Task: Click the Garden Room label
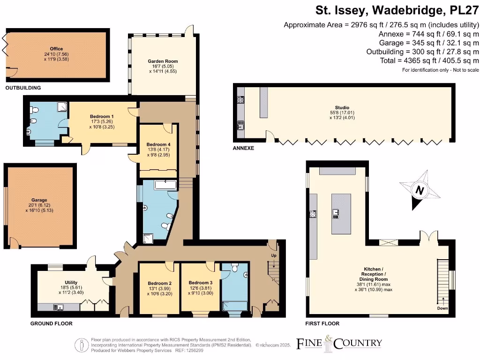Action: pos(163,61)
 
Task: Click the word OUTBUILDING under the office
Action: pos(22,88)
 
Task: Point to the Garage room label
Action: pos(40,198)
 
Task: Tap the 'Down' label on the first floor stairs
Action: pos(442,308)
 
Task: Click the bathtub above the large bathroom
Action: pos(165,185)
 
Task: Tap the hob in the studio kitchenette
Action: pos(240,99)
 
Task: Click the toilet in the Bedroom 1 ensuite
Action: pos(33,110)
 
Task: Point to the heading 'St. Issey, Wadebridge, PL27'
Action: pos(397,10)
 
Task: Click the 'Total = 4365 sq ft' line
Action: pos(429,61)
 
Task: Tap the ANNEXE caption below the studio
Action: pos(243,148)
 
